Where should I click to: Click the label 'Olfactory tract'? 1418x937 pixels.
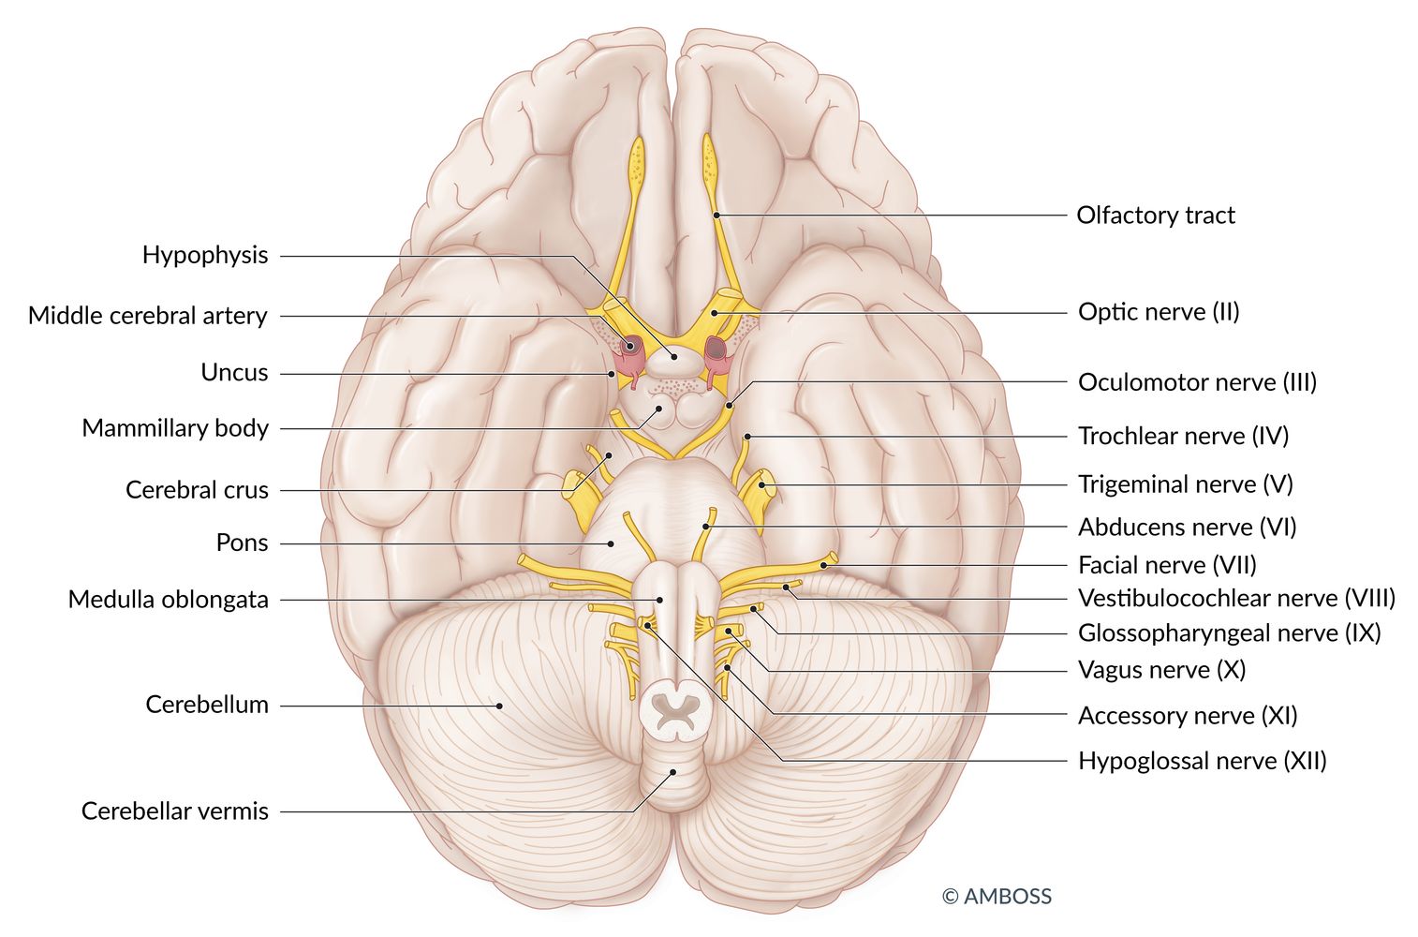[1155, 216]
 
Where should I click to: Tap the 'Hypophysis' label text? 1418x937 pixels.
[205, 255]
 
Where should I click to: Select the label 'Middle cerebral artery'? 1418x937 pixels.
[148, 316]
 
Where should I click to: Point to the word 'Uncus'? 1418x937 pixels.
[234, 373]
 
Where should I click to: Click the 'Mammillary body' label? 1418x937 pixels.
[175, 428]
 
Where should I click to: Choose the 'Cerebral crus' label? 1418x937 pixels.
[197, 490]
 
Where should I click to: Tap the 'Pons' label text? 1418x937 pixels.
[242, 543]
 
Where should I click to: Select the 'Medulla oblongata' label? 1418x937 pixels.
[168, 600]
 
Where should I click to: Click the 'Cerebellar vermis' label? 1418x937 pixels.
[174, 811]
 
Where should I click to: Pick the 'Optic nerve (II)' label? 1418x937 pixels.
[1159, 312]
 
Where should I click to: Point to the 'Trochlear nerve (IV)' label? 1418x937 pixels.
[1183, 436]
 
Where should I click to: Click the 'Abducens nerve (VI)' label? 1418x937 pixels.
[1187, 528]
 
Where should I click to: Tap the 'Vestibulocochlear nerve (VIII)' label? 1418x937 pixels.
[1236, 598]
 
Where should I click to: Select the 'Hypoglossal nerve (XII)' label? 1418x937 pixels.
[1202, 760]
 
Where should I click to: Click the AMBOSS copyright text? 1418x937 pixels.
[997, 897]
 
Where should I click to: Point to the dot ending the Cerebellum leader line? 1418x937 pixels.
[499, 706]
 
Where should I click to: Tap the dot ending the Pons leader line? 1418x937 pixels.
[611, 543]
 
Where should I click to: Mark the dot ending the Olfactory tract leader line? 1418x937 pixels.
[716, 216]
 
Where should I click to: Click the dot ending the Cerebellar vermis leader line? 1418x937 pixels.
[672, 773]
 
